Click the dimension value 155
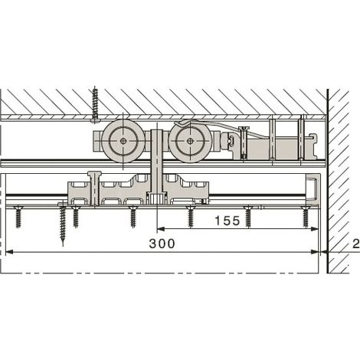[x=227, y=221]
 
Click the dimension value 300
[x=162, y=244]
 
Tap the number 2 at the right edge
[x=356, y=244]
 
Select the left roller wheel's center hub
[x=123, y=141]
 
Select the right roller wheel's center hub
[x=190, y=141]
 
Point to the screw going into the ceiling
[x=95, y=105]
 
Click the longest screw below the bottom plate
[x=63, y=224]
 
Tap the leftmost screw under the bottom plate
[x=18, y=217]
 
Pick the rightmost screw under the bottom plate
[x=306, y=217]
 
